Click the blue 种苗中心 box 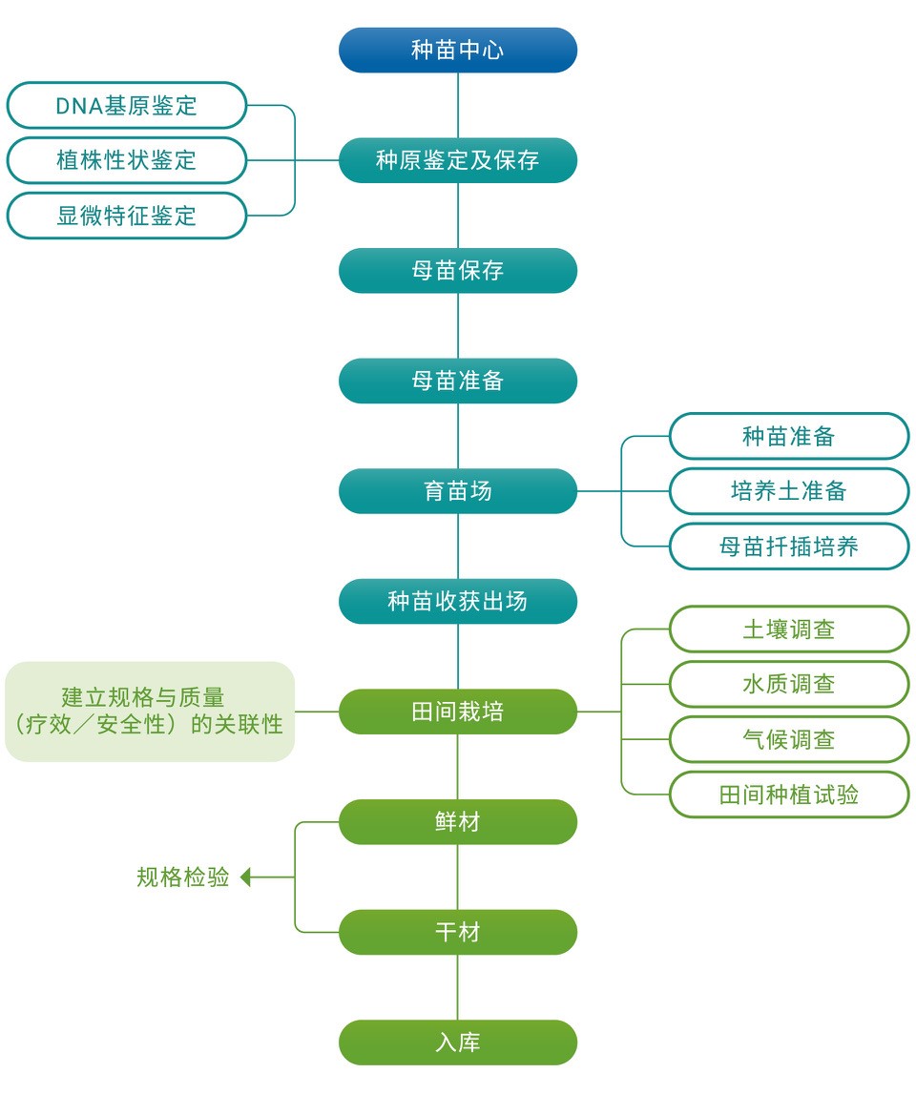pyautogui.click(x=458, y=51)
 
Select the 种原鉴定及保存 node pyautogui.click(x=458, y=160)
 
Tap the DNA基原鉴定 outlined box pyautogui.click(x=127, y=105)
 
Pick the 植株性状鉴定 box pyautogui.click(x=127, y=160)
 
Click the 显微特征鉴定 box pyautogui.click(x=127, y=216)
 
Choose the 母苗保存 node pyautogui.click(x=458, y=271)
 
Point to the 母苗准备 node pyautogui.click(x=458, y=381)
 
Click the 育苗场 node pyautogui.click(x=458, y=491)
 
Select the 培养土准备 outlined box pyautogui.click(x=789, y=491)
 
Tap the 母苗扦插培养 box pyautogui.click(x=789, y=547)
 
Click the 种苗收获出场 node pyautogui.click(x=458, y=602)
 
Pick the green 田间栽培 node pyautogui.click(x=458, y=712)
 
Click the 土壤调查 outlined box pyautogui.click(x=789, y=630)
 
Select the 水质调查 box pyautogui.click(x=789, y=684)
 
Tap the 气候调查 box pyautogui.click(x=789, y=739)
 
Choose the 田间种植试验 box pyautogui.click(x=789, y=795)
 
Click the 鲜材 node pyautogui.click(x=458, y=822)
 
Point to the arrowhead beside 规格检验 pyautogui.click(x=245, y=877)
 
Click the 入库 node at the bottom pyautogui.click(x=458, y=1042)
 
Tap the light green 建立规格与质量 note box pyautogui.click(x=150, y=712)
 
